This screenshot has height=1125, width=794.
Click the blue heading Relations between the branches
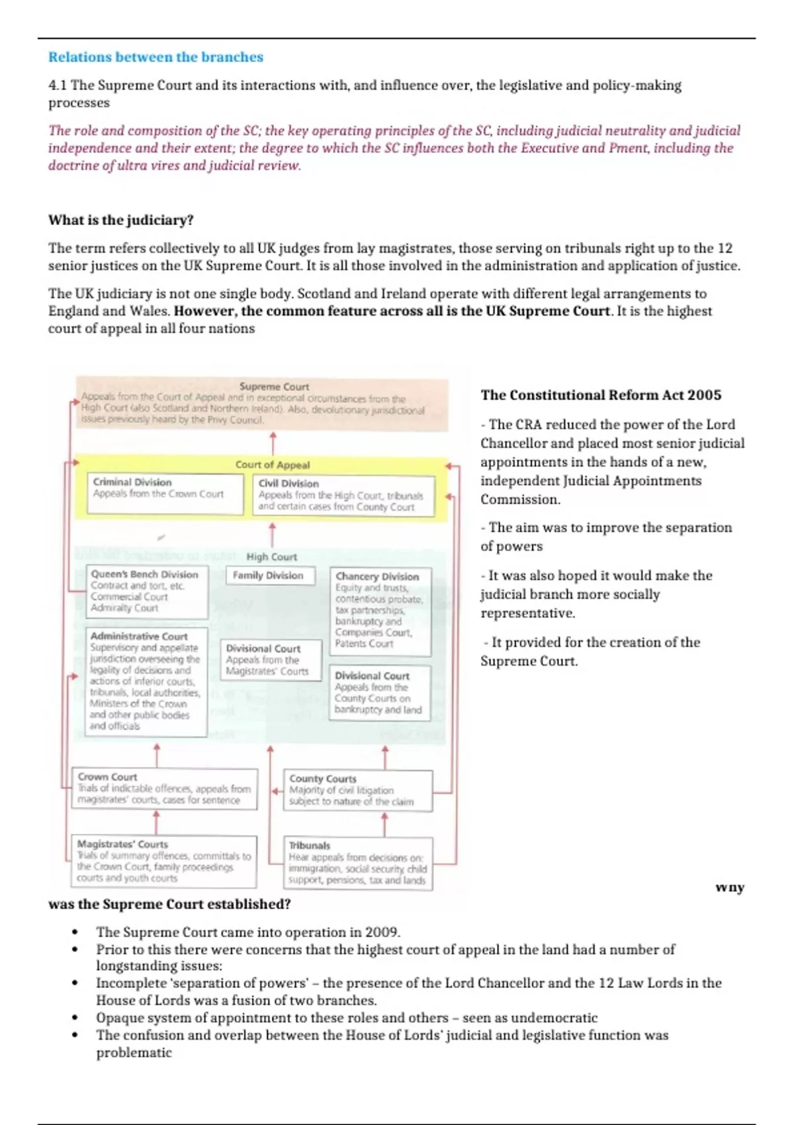[x=155, y=57]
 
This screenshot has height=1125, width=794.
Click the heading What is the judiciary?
[x=120, y=220]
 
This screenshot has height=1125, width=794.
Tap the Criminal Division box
[x=165, y=493]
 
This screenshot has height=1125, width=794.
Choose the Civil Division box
[x=343, y=495]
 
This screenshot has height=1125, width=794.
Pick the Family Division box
[x=268, y=576]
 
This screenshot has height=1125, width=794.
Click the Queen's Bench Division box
[x=146, y=591]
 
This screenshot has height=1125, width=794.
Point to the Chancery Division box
[x=379, y=611]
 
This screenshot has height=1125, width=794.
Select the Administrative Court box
[x=146, y=681]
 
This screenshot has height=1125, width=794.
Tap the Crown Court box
[x=164, y=788]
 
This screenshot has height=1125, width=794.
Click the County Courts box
[x=357, y=789]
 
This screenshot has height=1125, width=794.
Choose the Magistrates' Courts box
[x=163, y=861]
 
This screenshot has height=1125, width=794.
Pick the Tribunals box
[x=357, y=863]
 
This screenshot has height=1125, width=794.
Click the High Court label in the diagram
[x=271, y=557]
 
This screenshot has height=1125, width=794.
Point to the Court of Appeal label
[x=272, y=465]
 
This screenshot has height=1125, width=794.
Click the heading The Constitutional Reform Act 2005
[x=601, y=395]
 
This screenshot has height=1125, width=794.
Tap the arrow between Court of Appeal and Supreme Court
[x=273, y=443]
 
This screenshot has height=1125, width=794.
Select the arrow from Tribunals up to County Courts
[x=384, y=825]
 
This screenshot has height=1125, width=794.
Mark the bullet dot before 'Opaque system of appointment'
[x=75, y=1018]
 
